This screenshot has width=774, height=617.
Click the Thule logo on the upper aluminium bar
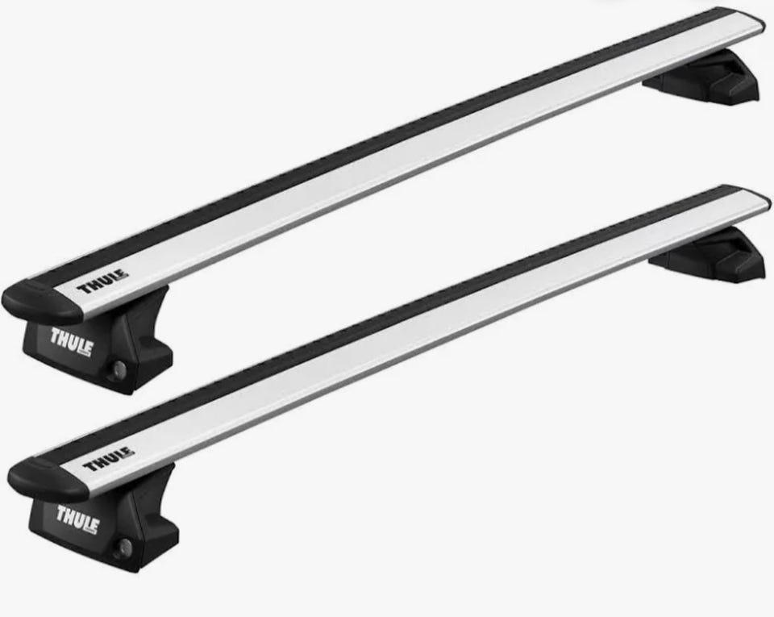(102, 282)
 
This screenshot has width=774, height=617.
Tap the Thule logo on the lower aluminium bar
(108, 460)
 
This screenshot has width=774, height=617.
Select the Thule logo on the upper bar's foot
(71, 341)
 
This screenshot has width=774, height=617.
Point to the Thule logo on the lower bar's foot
(77, 519)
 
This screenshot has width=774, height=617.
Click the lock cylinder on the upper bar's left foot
(119, 370)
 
